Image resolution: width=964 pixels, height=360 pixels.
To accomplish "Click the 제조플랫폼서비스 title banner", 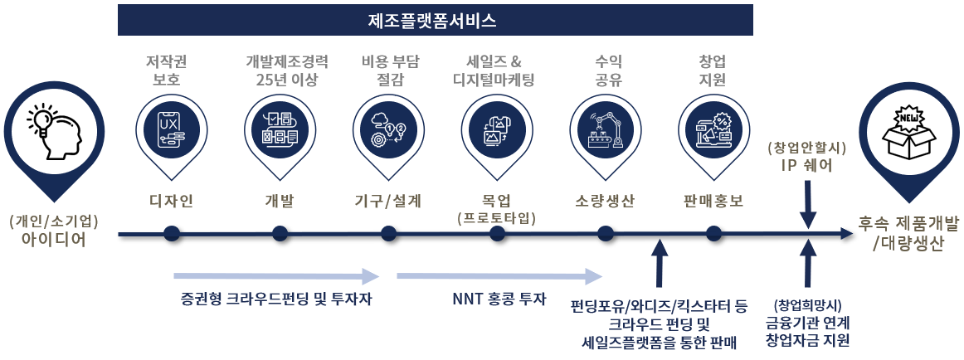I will [436, 20].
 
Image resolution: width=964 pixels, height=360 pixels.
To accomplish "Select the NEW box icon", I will [911, 131].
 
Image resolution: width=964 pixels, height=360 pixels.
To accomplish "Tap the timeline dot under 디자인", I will [172, 234].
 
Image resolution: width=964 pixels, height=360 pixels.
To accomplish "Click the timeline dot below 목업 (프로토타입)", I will [497, 234].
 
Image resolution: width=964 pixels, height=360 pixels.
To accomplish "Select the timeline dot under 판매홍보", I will [712, 234].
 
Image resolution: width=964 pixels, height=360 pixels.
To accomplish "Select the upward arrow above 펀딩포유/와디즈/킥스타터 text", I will [660, 265].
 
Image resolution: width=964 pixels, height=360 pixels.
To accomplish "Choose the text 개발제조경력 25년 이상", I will [287, 71].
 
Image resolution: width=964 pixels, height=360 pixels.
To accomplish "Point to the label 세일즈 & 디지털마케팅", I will [493, 71].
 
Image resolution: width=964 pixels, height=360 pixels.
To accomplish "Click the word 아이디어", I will [54, 241].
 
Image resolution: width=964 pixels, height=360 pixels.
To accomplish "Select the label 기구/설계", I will [387, 201].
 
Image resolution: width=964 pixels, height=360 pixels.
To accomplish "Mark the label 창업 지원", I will [713, 71].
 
